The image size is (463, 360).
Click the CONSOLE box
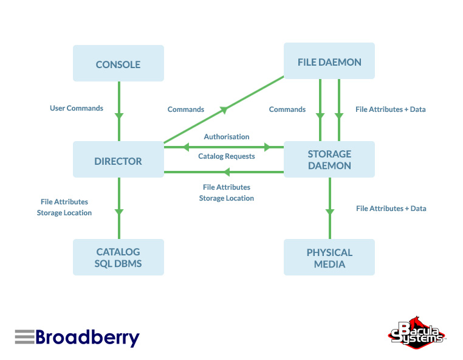tap(118, 64)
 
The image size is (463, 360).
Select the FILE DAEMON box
tap(329, 62)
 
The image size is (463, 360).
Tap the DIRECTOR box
tap(118, 161)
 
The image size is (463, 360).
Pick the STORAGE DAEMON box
tap(329, 159)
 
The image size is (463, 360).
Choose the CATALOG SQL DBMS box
tap(118, 258)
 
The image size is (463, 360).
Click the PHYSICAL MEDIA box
tap(329, 258)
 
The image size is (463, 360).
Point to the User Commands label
tap(77, 108)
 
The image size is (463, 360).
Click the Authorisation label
tap(227, 137)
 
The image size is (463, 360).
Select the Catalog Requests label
tap(227, 156)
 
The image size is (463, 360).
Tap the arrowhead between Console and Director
tap(119, 114)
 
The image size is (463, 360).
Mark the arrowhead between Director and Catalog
tap(119, 211)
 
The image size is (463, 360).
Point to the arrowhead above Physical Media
tap(330, 211)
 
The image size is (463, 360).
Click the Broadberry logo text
tap(87, 337)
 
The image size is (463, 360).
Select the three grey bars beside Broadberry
tap(24, 336)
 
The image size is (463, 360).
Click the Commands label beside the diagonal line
tap(186, 109)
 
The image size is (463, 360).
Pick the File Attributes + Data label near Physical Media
tap(391, 209)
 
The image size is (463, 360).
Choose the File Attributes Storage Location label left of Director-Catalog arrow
tap(64, 207)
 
